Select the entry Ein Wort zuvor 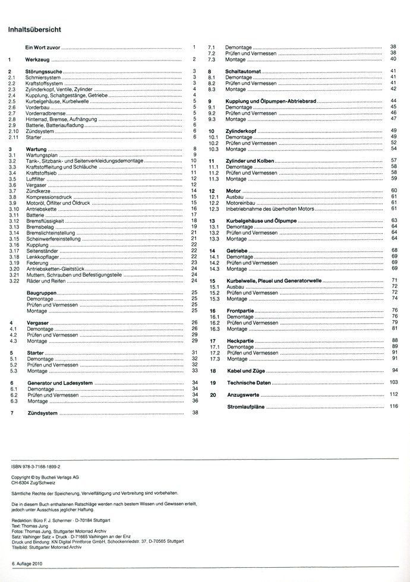coord(43,47)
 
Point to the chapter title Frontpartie coord(240,311)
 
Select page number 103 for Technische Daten coord(393,383)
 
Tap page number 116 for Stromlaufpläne coord(393,407)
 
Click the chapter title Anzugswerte coord(241,394)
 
